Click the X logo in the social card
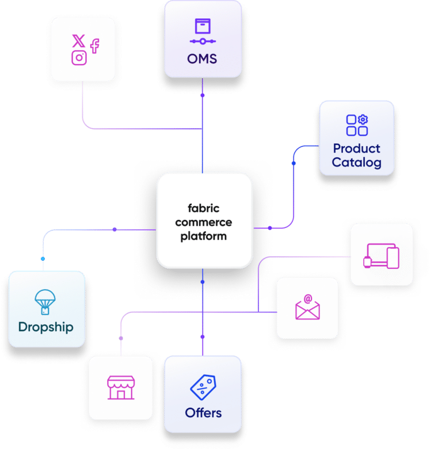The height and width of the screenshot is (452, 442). click(x=78, y=41)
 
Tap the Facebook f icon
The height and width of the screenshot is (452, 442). click(x=94, y=46)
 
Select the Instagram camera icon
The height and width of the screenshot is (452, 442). click(x=79, y=58)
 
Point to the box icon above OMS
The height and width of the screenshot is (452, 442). click(x=203, y=26)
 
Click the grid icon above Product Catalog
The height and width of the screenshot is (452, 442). click(x=357, y=125)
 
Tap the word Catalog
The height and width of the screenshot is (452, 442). click(x=356, y=162)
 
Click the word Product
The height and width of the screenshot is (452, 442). click(x=356, y=148)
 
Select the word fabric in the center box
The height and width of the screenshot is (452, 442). click(x=204, y=208)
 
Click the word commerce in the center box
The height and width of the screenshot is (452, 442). click(x=204, y=222)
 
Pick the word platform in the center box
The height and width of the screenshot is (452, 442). click(x=204, y=236)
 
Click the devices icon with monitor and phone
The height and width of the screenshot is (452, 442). click(x=382, y=256)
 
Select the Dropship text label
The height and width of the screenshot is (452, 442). click(x=46, y=327)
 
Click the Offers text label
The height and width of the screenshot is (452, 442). click(x=203, y=412)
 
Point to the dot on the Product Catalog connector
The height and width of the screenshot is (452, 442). click(x=294, y=164)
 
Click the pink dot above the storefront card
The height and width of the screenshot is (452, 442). click(x=121, y=337)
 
